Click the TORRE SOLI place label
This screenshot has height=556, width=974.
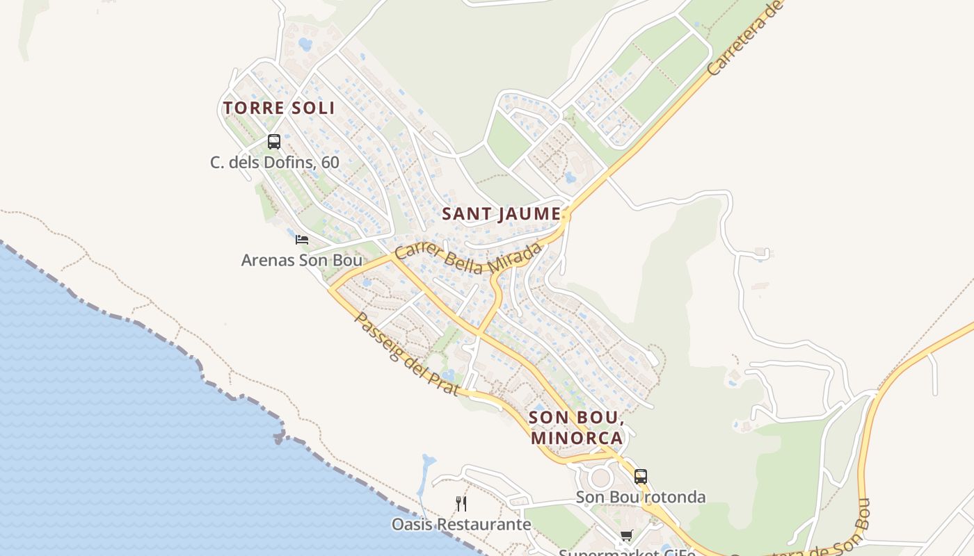coord(279,108)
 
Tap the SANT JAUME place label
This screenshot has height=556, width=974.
coord(502,214)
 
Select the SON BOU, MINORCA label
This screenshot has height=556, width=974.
coord(576,427)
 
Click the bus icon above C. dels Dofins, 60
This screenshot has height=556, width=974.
coord(274,142)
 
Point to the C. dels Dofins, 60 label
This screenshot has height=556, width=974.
coord(275,163)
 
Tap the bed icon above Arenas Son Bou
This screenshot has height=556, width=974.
coord(302,240)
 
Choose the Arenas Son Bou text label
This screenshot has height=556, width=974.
coord(302,261)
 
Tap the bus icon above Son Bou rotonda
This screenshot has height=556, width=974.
coord(641,477)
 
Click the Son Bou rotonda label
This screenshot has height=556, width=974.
coord(641,498)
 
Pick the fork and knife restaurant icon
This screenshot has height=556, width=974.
coord(461,503)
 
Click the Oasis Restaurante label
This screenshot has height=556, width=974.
coord(461,524)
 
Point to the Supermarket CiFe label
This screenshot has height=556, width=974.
coord(627,553)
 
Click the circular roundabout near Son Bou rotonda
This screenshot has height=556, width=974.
coord(600,477)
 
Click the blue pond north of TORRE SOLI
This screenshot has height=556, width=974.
coord(305,44)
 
